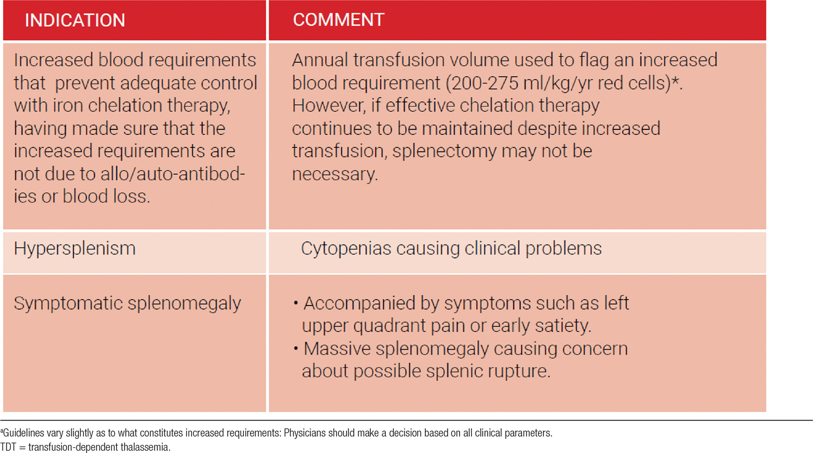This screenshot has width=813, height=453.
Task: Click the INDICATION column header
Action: click(x=75, y=20)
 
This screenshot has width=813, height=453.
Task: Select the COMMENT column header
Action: click(x=339, y=20)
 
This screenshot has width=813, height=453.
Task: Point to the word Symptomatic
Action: click(x=68, y=304)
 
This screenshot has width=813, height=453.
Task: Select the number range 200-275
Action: click(x=485, y=83)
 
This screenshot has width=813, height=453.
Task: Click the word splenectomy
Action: click(x=444, y=152)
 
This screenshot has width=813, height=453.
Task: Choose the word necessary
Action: click(x=335, y=175)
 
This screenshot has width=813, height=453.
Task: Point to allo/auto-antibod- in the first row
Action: click(x=173, y=174)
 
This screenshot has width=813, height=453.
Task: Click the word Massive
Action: click(x=337, y=349)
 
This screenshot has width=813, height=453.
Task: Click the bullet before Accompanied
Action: click(x=296, y=303)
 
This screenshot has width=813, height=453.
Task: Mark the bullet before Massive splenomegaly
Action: click(x=296, y=349)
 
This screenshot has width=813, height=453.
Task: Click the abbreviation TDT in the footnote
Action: click(x=8, y=447)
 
